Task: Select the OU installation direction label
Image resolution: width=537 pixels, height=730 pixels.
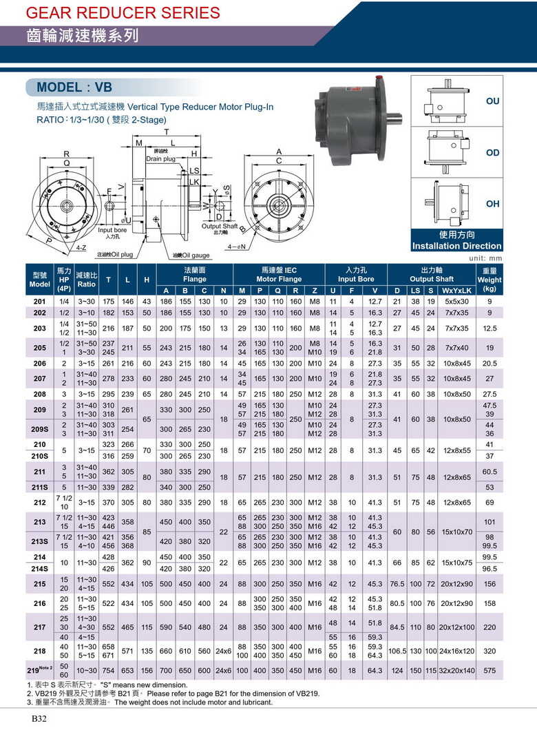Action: (x=492, y=101)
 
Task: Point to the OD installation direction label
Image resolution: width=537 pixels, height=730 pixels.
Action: (x=492, y=152)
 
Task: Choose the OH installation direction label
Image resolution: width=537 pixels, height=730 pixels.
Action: (x=492, y=204)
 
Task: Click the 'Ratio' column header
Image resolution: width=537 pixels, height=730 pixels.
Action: (x=87, y=279)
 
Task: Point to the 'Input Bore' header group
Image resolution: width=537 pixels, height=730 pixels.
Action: (x=355, y=275)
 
